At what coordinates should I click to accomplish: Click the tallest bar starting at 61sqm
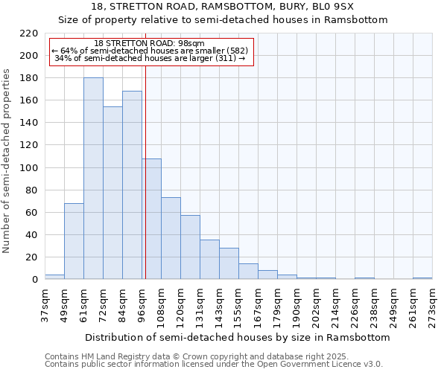(x=93, y=179)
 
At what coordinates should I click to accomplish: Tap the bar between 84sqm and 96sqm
(x=132, y=185)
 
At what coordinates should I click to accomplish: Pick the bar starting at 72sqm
(x=112, y=193)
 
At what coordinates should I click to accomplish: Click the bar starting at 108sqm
(x=171, y=238)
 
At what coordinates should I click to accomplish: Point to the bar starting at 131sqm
(x=209, y=260)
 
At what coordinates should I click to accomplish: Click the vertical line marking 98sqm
(x=145, y=171)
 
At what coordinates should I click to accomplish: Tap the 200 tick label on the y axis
(x=28, y=56)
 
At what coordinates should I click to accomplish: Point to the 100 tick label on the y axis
(x=28, y=167)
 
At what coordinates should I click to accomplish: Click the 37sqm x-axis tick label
(x=45, y=304)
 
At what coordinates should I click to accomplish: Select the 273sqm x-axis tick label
(x=432, y=304)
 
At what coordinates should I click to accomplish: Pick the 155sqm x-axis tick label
(x=238, y=304)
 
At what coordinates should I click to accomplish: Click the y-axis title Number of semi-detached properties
(x=7, y=161)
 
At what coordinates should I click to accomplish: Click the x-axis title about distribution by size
(x=237, y=337)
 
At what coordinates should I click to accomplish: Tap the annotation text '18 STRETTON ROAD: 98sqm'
(x=150, y=44)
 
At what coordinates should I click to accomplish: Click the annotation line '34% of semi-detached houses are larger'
(x=150, y=58)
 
